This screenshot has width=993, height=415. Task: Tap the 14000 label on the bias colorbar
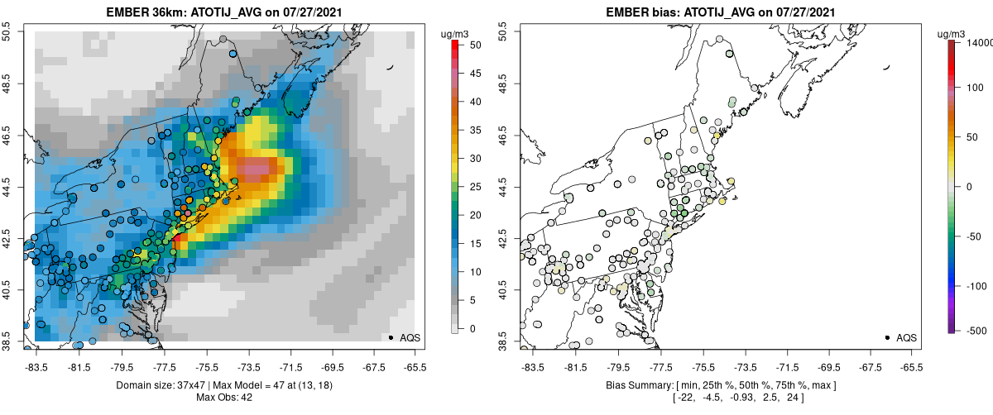tap(980, 42)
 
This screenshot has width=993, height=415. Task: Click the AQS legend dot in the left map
tap(391, 337)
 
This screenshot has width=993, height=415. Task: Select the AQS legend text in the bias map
tap(907, 337)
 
